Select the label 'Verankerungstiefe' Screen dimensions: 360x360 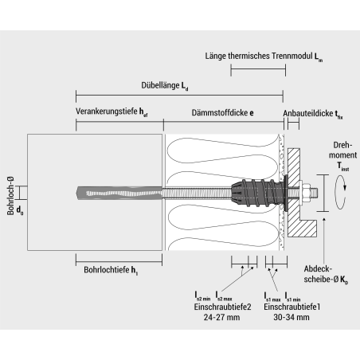coord(111,113)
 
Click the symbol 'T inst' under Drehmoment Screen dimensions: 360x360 coord(342,166)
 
